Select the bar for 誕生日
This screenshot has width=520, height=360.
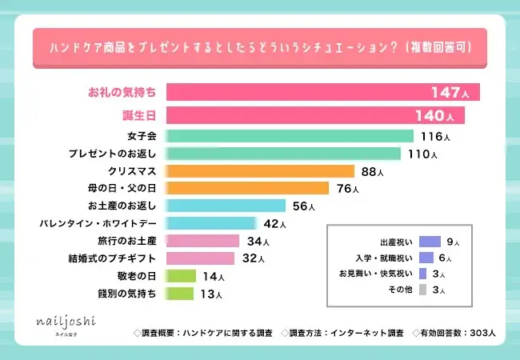click(315, 115)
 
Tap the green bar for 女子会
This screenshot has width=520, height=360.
click(289, 137)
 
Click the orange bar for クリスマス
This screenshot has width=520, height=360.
click(259, 171)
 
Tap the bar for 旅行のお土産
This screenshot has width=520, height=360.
click(202, 241)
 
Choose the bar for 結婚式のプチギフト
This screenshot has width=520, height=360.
click(199, 258)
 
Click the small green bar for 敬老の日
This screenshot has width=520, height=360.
click(180, 276)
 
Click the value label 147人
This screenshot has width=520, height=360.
click(451, 93)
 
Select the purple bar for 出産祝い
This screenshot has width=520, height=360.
click(430, 241)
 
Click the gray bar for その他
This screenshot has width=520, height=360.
click(424, 290)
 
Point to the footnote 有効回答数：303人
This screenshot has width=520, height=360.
click(454, 331)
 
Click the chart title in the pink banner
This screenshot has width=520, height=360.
click(260, 49)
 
